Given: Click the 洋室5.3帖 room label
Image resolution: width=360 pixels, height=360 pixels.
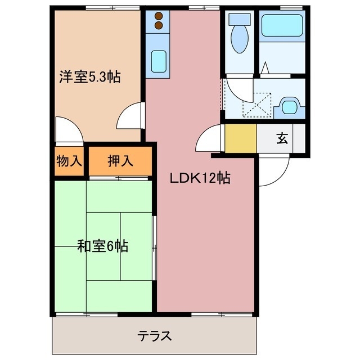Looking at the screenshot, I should tap(90, 77).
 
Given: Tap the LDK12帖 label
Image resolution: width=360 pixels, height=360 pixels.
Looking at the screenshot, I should tap(200, 179).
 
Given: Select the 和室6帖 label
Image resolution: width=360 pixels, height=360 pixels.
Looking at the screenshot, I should tap(102, 246).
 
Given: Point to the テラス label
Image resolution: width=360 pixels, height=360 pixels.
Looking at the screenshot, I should tap(154, 336).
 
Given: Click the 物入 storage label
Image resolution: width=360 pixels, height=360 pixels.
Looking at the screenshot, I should tap(69, 161).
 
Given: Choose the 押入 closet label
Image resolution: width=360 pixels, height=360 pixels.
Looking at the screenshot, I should tap(120, 161).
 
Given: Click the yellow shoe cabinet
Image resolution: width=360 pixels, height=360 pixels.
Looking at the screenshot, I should tap(241, 138).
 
